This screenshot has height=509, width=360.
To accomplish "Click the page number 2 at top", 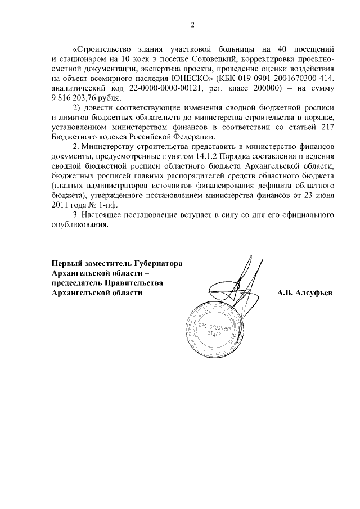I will tap(192, 25).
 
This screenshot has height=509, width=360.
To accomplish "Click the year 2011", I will tap(61, 205).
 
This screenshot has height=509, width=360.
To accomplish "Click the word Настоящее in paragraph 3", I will tap(104, 214).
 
